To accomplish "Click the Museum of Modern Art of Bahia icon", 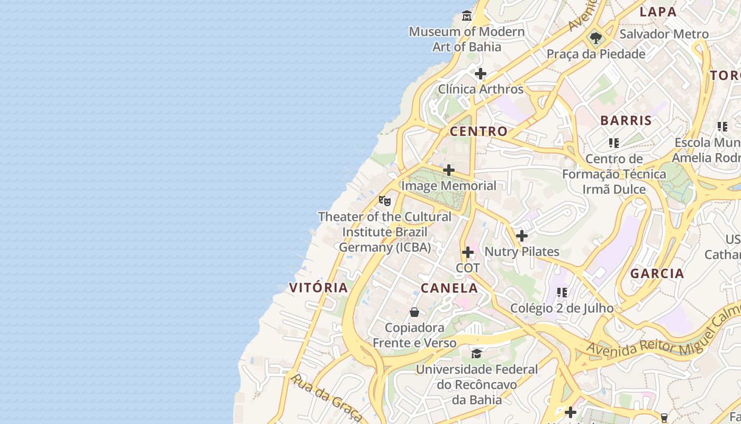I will (x=466, y=16).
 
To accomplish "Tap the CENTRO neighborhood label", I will (x=478, y=131).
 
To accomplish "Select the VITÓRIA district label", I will (x=319, y=288).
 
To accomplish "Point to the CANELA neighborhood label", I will (x=449, y=288).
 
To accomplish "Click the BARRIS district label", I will (x=626, y=120).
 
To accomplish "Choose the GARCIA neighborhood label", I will (x=657, y=274).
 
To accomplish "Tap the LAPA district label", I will (x=658, y=12).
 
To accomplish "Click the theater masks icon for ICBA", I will (x=385, y=201).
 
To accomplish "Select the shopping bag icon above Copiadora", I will (x=414, y=312).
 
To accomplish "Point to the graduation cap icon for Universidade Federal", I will (x=477, y=353).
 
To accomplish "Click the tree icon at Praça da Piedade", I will (x=596, y=38).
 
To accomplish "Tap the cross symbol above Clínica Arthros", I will (x=481, y=74).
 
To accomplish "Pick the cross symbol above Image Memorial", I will (x=449, y=170).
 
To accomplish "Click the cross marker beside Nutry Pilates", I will (x=522, y=236).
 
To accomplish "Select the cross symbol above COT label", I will (x=468, y=252).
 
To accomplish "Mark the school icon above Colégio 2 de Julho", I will (x=562, y=292).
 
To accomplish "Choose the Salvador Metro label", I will (x=664, y=34).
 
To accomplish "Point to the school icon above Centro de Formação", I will (x=614, y=143).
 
